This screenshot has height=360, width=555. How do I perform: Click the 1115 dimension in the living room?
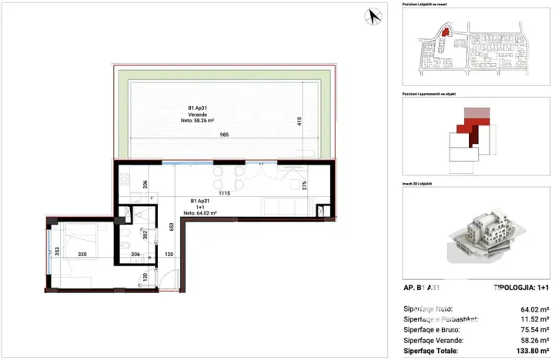coord(224,194)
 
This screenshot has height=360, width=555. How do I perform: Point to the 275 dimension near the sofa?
coord(305,185)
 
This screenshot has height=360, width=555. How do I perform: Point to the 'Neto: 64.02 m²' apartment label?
coord(199,213)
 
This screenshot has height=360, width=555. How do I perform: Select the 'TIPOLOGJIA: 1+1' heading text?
coord(521,288)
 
